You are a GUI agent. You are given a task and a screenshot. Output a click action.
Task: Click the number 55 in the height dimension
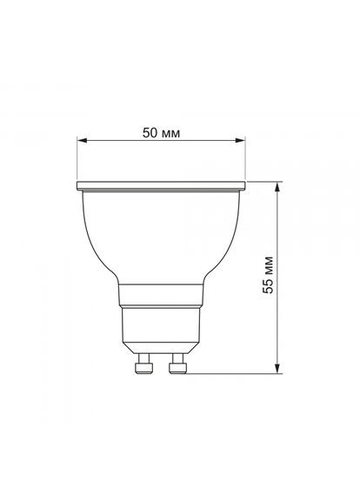coord(268,290)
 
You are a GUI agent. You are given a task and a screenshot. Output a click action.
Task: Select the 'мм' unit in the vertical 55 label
coord(268,264)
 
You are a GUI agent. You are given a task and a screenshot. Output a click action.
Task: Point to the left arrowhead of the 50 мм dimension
coord(82,142)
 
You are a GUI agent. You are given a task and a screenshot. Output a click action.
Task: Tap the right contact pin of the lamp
coord(178,364)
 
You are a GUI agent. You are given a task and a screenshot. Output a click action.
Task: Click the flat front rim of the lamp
coord(163,186)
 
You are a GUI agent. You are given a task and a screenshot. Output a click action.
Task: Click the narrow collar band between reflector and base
coord(163,293)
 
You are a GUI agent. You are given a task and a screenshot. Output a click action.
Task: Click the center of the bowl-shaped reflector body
coord(163,235)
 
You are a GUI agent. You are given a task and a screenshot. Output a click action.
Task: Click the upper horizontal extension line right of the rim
coord(265,183)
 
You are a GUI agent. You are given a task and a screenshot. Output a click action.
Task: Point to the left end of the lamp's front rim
coord(79,186)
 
